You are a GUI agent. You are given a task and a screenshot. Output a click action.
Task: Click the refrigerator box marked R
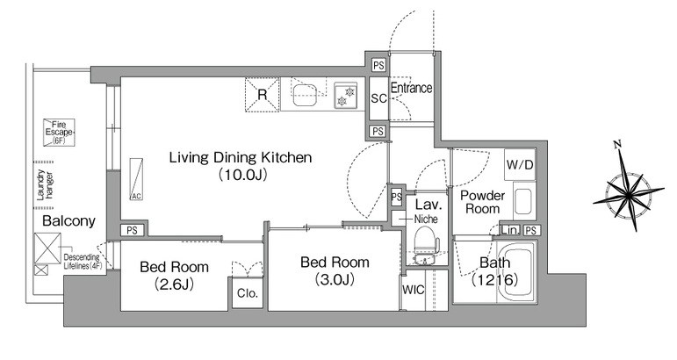click(263, 95)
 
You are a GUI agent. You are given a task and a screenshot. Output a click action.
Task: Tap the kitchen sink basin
click(306, 95)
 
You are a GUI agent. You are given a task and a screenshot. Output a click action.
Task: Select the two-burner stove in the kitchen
click(345, 96)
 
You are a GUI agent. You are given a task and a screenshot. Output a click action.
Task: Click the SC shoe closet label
click(378, 98)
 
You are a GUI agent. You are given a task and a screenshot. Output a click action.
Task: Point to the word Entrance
click(411, 88)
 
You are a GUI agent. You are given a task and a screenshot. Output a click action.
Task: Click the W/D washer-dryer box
click(520, 164)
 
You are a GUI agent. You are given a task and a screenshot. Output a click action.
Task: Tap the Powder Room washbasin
click(523, 202)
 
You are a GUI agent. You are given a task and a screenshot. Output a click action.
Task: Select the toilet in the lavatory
click(425, 245)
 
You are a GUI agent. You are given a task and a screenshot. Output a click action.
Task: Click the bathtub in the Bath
click(516, 272)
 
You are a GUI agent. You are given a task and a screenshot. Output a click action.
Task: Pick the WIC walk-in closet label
click(413, 290)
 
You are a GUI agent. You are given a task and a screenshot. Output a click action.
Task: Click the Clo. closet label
click(248, 293)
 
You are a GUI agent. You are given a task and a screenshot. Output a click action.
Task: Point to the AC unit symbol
click(136, 179)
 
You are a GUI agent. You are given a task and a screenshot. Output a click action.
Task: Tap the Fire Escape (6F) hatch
click(59, 132)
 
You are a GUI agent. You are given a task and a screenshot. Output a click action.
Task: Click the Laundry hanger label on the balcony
click(45, 184)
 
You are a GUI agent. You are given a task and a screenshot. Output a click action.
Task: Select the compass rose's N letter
click(617, 144)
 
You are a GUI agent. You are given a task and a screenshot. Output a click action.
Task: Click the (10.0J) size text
click(241, 175)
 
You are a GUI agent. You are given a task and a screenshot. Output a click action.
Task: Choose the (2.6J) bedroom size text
click(174, 284)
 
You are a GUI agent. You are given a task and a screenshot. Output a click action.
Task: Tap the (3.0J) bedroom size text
click(335, 279)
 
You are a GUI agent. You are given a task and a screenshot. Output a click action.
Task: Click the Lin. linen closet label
click(510, 230)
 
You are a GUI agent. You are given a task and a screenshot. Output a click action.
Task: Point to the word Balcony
click(68, 221)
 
